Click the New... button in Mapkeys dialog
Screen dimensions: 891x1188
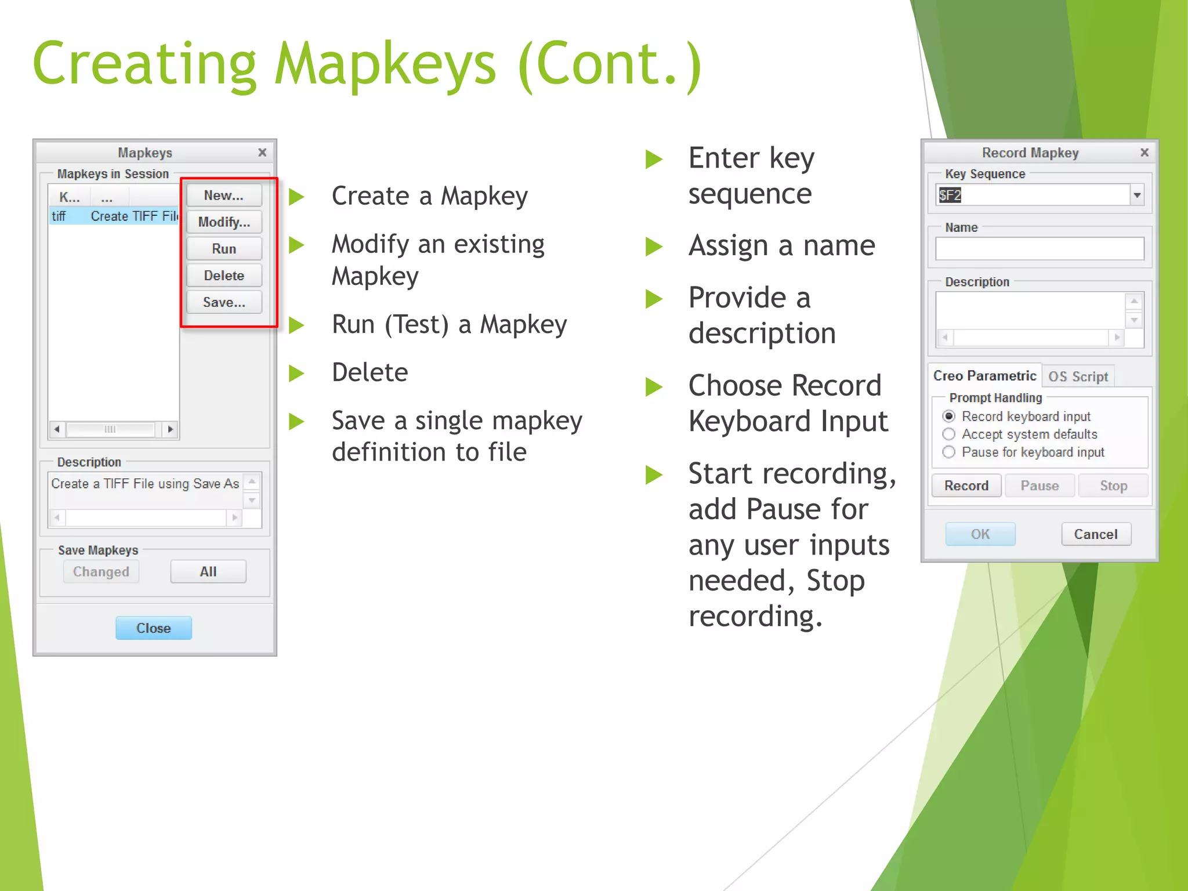[x=224, y=195]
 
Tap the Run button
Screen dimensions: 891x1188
[x=224, y=249]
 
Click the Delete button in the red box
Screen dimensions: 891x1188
[x=224, y=276]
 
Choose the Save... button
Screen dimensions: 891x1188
[x=224, y=302]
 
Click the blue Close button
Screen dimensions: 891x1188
[x=154, y=628]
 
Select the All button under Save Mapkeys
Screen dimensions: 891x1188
[x=208, y=571]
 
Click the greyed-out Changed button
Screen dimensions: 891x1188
[x=101, y=571]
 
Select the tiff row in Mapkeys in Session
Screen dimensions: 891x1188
[x=114, y=216]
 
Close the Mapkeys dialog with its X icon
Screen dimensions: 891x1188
[x=262, y=153]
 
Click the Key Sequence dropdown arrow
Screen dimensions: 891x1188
[x=1137, y=195]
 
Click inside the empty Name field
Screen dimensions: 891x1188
[x=1039, y=249]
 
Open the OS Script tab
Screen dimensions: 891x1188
[x=1078, y=376]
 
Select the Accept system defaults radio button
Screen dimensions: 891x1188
[x=949, y=434]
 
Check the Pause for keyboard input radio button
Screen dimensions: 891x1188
[x=949, y=452]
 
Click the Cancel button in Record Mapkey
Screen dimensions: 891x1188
[x=1096, y=534]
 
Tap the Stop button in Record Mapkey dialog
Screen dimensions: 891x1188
[x=1113, y=486]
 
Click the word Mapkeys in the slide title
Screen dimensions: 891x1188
[x=385, y=65]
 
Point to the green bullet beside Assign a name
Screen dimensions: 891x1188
[x=654, y=247]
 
